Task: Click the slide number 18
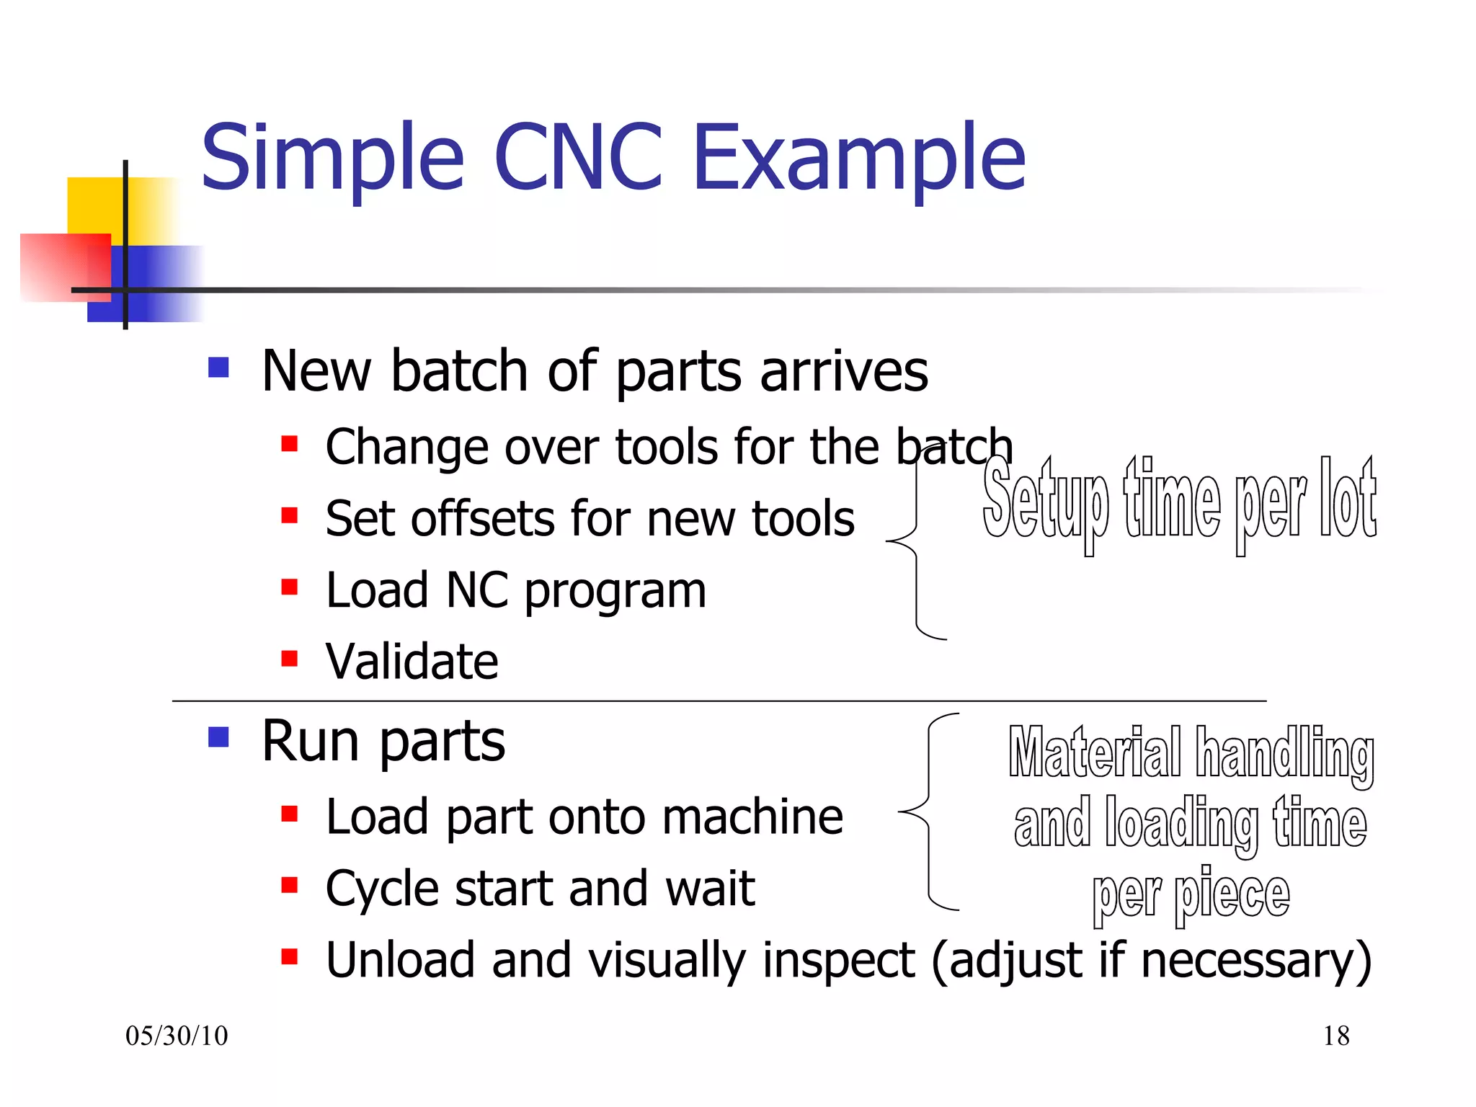pyautogui.click(x=1336, y=1036)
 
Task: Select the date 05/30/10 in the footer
pyautogui.click(x=177, y=1036)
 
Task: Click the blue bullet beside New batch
pyautogui.click(x=218, y=368)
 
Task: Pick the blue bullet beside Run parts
pyautogui.click(x=218, y=737)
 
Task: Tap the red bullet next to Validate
pyautogui.click(x=290, y=658)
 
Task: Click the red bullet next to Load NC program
pyautogui.click(x=290, y=587)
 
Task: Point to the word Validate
pyautogui.click(x=412, y=661)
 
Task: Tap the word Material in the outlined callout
pyautogui.click(x=1095, y=752)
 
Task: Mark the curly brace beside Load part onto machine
pyautogui.click(x=928, y=812)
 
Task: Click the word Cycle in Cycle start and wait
pyautogui.click(x=381, y=889)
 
